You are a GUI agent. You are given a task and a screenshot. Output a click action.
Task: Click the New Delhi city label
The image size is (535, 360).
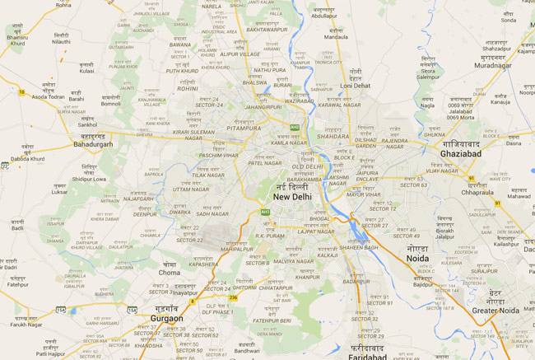(x=292, y=198)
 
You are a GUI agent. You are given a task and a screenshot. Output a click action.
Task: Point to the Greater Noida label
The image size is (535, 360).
(x=496, y=310)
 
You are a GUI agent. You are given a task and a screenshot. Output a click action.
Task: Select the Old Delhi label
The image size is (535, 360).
(x=309, y=167)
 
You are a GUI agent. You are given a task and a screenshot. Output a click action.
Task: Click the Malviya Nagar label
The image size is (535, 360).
(x=293, y=261)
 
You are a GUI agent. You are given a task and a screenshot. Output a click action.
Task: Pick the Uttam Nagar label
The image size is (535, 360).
(x=191, y=189)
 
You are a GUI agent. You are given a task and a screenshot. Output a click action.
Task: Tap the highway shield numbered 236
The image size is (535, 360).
(x=234, y=297)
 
